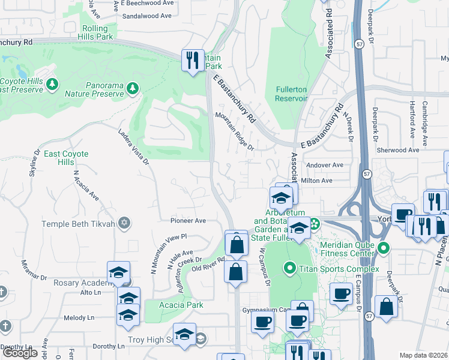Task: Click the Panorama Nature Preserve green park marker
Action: pos(133,89)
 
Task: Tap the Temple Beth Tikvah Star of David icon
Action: pos(124,224)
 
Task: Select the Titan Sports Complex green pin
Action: pos(289,268)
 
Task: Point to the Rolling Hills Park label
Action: pos(95,32)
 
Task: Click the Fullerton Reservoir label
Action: pos(291,94)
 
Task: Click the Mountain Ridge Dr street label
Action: pos(235,131)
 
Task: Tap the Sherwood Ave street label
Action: pos(397,150)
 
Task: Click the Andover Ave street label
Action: pos(324,165)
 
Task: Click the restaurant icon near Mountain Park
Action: pos(193,59)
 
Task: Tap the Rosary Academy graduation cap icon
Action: pos(118,273)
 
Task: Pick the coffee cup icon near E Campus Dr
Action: pos(341,294)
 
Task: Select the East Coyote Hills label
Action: pos(66,158)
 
